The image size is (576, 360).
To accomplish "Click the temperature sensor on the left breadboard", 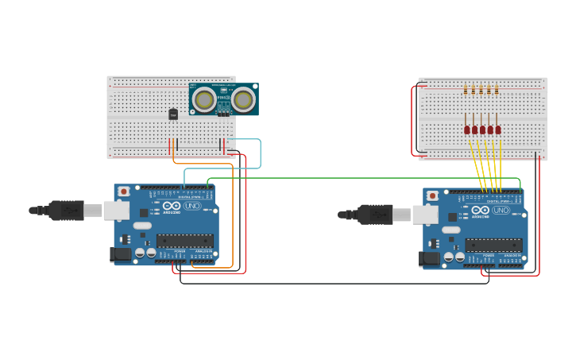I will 173,114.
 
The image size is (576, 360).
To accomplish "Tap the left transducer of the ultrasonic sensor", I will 204,99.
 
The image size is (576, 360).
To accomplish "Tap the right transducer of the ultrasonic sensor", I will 243,99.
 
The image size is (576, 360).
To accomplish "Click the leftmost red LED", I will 467,130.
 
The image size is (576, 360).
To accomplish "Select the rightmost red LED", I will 498,130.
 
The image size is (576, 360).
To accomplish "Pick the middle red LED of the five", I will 482,130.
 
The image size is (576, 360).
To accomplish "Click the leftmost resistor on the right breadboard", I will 466,90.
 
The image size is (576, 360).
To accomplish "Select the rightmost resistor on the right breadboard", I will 497,90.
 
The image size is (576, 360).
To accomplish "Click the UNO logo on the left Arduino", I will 192,206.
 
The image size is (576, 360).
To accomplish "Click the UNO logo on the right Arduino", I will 501,211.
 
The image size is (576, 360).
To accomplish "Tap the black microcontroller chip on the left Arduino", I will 184,240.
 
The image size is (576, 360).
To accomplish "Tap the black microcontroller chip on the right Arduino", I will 493,245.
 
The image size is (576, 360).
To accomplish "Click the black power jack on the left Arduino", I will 119,254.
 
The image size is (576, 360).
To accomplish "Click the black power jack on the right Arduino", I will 429,258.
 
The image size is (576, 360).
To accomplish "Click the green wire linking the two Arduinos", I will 358,178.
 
